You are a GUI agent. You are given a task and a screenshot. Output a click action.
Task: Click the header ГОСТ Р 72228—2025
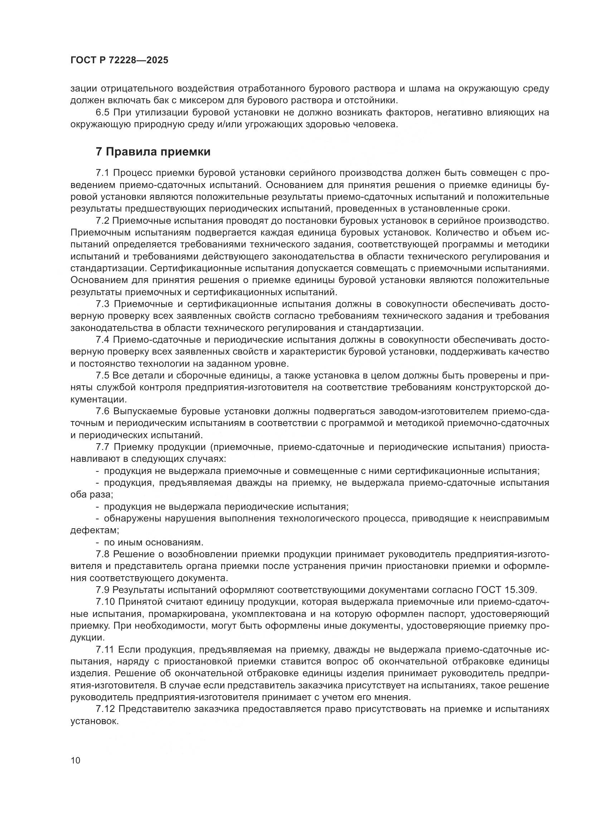point(119,60)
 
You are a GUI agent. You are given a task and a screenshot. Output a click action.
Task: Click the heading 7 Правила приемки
point(153,152)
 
